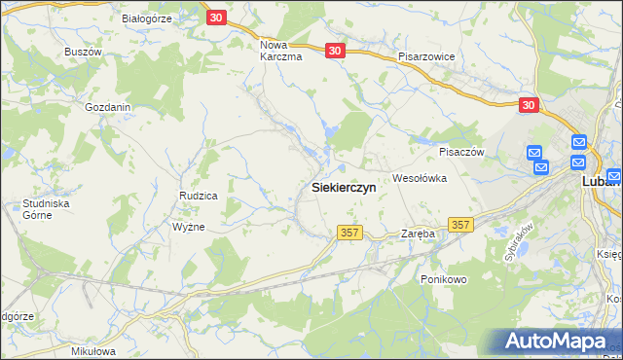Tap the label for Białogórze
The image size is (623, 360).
[147, 18]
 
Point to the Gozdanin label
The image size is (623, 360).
[108, 107]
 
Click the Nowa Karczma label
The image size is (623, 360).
[281, 51]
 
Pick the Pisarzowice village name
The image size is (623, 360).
[426, 57]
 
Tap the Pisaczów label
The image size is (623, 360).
[461, 152]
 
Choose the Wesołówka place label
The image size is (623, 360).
[419, 178]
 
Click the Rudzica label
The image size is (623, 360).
[198, 196]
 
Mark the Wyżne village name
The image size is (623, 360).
[188, 226]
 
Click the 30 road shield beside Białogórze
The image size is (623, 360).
[216, 18]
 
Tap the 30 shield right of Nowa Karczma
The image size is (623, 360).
[335, 51]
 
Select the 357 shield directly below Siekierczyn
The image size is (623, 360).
[350, 233]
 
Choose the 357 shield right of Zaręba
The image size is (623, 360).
[460, 225]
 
